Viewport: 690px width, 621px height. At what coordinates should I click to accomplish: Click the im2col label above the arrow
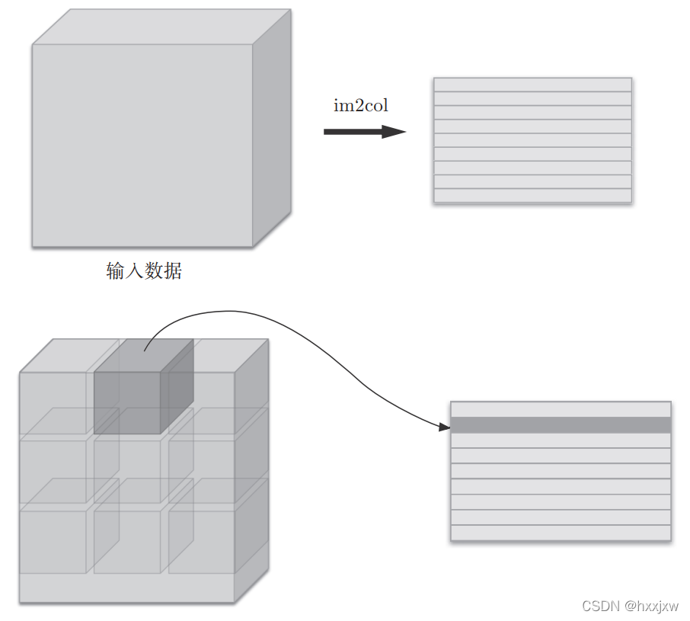point(361,106)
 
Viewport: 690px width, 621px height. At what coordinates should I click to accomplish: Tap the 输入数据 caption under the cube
point(144,270)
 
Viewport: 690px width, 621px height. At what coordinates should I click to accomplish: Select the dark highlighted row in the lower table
point(561,425)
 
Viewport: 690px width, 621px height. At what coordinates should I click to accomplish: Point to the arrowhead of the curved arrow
point(446,427)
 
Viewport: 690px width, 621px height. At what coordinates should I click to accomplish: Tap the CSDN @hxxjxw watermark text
point(630,606)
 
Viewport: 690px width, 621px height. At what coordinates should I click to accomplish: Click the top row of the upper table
point(532,85)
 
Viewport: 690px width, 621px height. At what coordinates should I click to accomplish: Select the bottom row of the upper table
point(532,196)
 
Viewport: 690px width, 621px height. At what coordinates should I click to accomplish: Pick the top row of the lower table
point(561,409)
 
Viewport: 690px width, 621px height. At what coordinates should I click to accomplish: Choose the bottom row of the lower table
point(561,533)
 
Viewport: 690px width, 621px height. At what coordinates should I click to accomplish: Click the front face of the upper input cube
point(142,145)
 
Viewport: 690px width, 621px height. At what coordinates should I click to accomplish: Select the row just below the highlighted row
point(561,440)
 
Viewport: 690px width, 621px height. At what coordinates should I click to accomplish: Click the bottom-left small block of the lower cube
point(53,542)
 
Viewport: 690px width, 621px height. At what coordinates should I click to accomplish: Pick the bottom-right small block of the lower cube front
point(201,542)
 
